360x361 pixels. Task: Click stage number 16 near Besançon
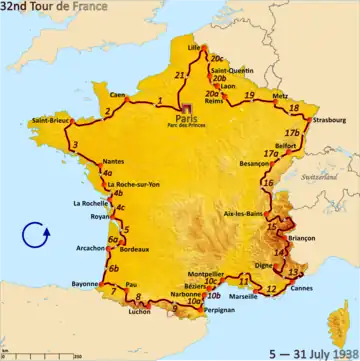[267, 184]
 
